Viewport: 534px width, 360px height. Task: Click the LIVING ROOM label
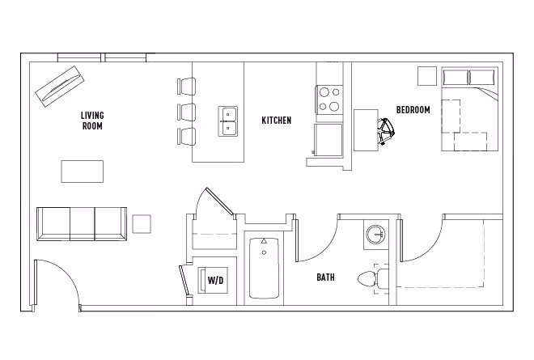pyautogui.click(x=92, y=121)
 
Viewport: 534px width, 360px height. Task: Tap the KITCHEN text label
pyautogui.click(x=276, y=121)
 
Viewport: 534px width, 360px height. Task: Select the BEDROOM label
pyautogui.click(x=413, y=110)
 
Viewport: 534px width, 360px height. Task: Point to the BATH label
pyautogui.click(x=325, y=277)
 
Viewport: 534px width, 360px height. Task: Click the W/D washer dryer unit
pyautogui.click(x=215, y=280)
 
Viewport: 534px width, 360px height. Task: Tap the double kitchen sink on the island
pyautogui.click(x=228, y=121)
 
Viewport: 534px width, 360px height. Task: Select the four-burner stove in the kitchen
pyautogui.click(x=328, y=100)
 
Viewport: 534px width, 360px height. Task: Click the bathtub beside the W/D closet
pyautogui.click(x=264, y=268)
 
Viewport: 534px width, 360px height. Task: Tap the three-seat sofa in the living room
pyautogui.click(x=82, y=222)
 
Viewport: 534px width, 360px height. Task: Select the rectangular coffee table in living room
pyautogui.click(x=83, y=172)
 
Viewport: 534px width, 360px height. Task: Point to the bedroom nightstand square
pyautogui.click(x=426, y=76)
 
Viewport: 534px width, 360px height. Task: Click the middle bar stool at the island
pyautogui.click(x=187, y=110)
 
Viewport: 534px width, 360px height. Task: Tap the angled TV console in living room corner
pyautogui.click(x=60, y=85)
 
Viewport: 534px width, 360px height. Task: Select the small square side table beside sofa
pyautogui.click(x=142, y=224)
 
